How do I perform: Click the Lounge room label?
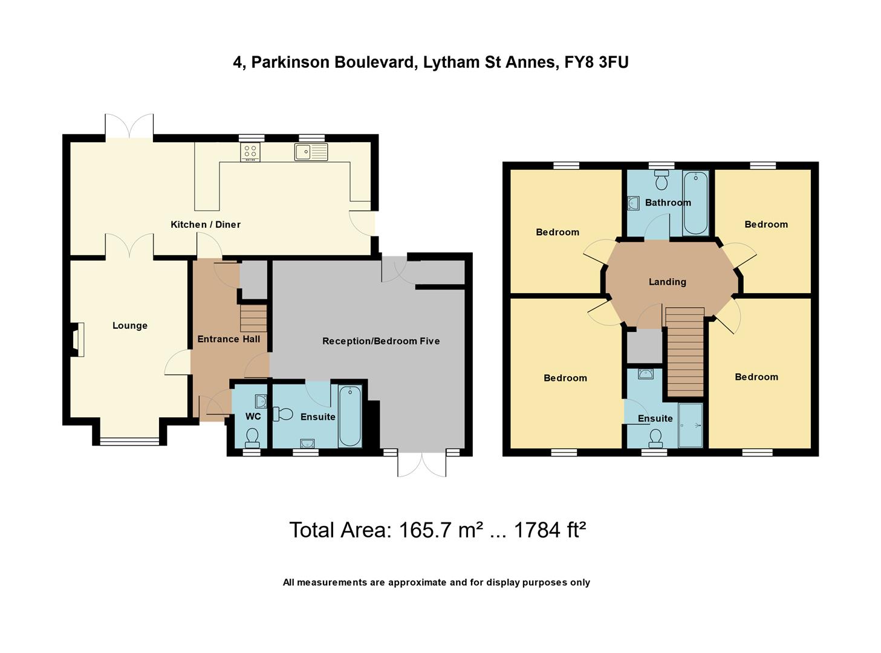pos(129,326)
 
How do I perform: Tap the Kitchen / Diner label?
pos(206,224)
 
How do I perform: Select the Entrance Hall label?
pos(229,339)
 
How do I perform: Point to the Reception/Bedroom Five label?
pos(381,341)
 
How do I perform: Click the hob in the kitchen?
pos(250,152)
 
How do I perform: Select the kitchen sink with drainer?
pos(311,152)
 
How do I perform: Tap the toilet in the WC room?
pos(252,436)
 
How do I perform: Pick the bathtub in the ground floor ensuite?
pos(349,417)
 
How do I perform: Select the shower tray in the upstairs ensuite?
pos(690,426)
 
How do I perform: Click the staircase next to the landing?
pos(684,352)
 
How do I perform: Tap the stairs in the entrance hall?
pos(253,318)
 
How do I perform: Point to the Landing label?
pos(667,282)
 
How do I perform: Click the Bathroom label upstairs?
pos(668,203)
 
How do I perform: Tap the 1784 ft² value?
pos(549,530)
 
